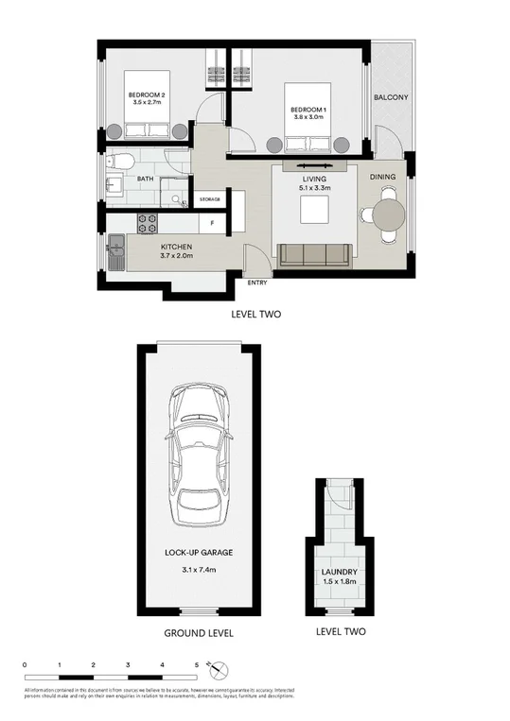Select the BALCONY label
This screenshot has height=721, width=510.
390,97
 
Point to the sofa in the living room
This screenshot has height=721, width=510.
314,254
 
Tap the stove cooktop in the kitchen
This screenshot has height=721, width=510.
149,224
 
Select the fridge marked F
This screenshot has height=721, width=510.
211,224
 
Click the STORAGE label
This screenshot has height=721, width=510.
210,199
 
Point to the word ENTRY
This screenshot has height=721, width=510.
257,283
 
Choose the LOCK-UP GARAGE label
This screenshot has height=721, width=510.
199,551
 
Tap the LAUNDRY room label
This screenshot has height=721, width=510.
338,571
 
